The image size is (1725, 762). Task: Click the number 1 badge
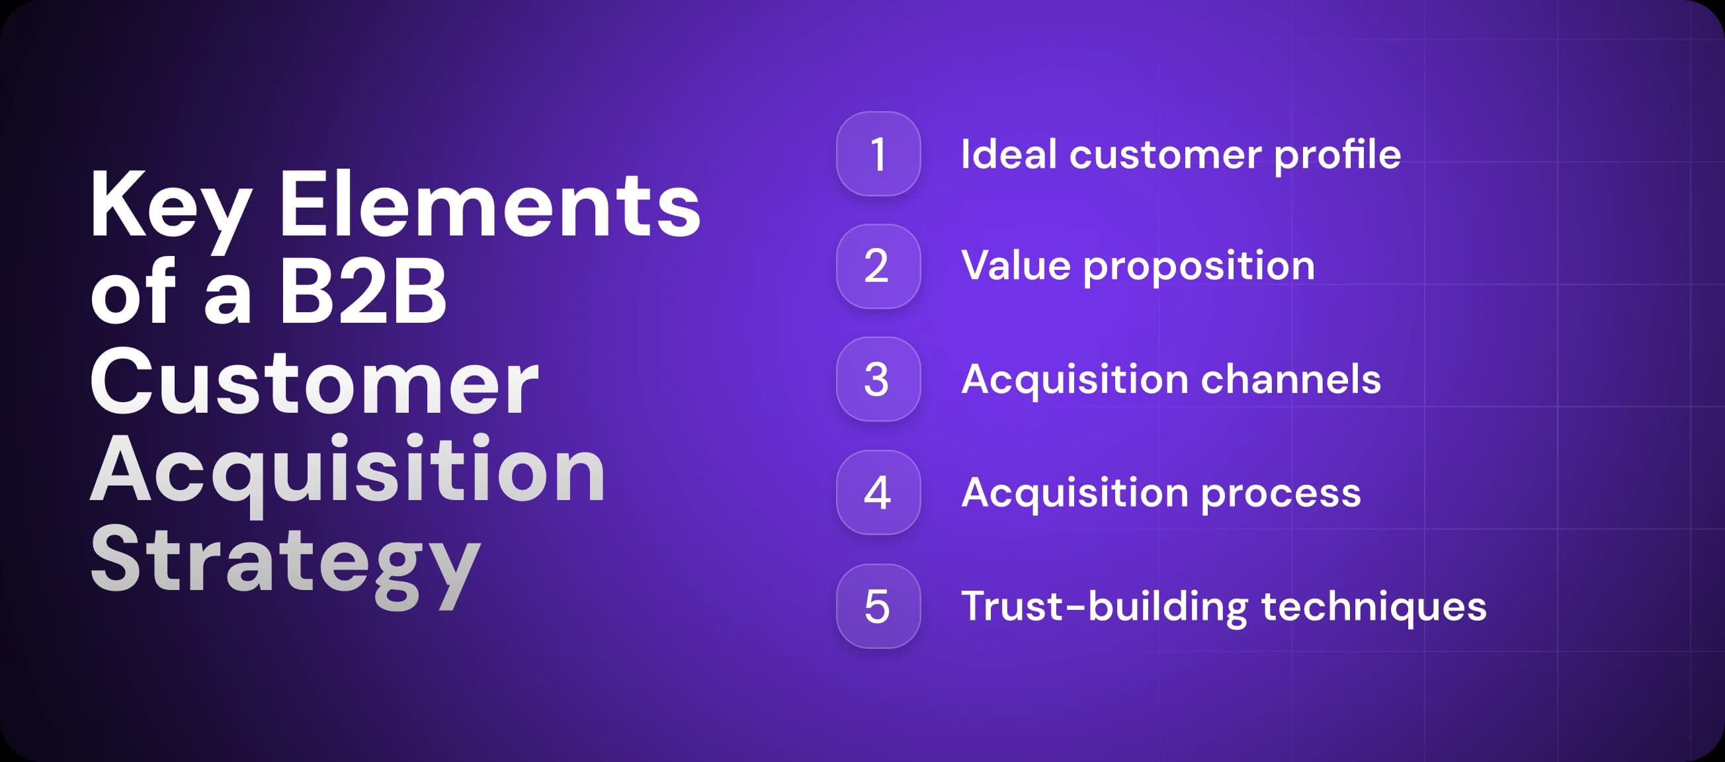tap(878, 154)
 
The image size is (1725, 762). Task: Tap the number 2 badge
tap(878, 267)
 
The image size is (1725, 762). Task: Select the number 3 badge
tap(878, 380)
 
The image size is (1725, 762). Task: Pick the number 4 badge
tap(878, 493)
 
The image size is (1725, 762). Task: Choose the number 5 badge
tap(878, 606)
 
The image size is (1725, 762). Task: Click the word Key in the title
tap(171, 206)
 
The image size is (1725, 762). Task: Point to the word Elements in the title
tap(489, 205)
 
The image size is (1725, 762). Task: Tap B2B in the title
tap(362, 293)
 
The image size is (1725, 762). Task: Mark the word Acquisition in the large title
tap(347, 472)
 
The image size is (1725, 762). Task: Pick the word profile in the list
tap(1337, 155)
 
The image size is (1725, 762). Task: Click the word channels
tap(1290, 380)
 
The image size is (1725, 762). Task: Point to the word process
tap(1281, 494)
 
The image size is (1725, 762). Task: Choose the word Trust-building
tap(1103, 607)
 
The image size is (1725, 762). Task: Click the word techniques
tap(1373, 607)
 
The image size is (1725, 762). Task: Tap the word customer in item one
tap(1165, 155)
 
